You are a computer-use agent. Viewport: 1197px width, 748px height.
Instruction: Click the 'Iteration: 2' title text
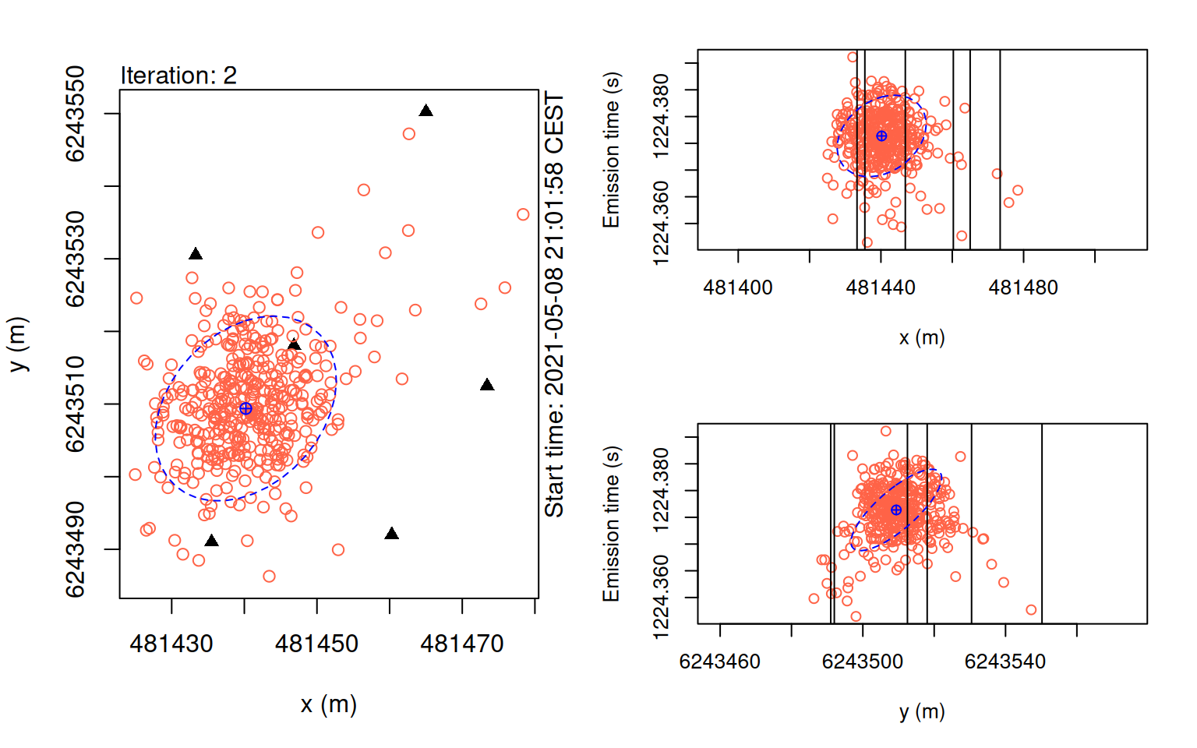click(x=178, y=76)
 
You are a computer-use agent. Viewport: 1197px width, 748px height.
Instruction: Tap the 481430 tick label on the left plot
click(x=171, y=644)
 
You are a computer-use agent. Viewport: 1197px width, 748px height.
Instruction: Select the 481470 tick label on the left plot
click(x=462, y=644)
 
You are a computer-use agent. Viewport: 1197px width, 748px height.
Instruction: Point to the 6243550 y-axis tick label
click(x=75, y=114)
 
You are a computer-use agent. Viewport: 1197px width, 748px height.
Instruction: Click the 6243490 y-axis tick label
click(x=75, y=549)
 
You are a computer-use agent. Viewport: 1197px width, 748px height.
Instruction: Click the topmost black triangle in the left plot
click(x=425, y=111)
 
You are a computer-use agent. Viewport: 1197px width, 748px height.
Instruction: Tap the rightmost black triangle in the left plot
click(x=487, y=385)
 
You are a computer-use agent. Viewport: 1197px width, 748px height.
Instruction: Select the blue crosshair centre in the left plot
click(x=245, y=408)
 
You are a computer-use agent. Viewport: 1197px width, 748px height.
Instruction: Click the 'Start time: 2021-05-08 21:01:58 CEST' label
click(x=554, y=304)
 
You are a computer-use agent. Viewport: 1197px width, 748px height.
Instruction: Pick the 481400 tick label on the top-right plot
click(x=738, y=288)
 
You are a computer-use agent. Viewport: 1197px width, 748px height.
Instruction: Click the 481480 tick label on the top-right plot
click(x=1023, y=288)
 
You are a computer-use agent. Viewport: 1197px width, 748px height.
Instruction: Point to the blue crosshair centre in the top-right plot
click(x=881, y=136)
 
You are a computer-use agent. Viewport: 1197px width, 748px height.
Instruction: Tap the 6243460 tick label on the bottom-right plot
click(x=719, y=662)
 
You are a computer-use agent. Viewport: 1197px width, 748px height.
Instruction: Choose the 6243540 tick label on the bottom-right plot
click(x=1005, y=662)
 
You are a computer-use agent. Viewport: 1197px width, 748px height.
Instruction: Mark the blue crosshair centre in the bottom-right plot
click(x=896, y=510)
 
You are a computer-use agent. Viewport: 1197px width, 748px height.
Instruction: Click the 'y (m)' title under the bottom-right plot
click(x=922, y=711)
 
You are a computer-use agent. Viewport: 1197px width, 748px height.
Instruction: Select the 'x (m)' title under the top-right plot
click(x=922, y=337)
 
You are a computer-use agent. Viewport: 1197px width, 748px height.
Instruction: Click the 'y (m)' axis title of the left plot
click(x=18, y=344)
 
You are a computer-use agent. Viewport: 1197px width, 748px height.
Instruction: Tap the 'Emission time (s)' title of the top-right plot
click(x=611, y=150)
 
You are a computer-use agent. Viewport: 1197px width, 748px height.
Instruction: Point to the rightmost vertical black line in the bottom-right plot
click(x=1042, y=524)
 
